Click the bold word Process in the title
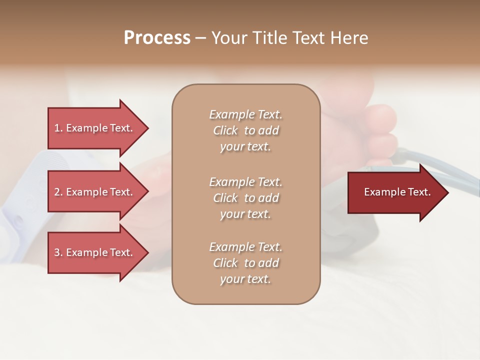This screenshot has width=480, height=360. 157,38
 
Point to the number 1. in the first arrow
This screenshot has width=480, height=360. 58,128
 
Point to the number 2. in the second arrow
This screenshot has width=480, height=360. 58,192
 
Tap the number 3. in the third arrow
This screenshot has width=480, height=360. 58,252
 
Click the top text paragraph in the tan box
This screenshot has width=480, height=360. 245,130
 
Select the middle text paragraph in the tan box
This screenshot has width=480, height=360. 245,198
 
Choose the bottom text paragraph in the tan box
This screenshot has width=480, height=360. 245,263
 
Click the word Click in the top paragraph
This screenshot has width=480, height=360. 225,130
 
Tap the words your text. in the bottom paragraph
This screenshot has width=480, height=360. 245,279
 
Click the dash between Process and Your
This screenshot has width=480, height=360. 200,38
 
